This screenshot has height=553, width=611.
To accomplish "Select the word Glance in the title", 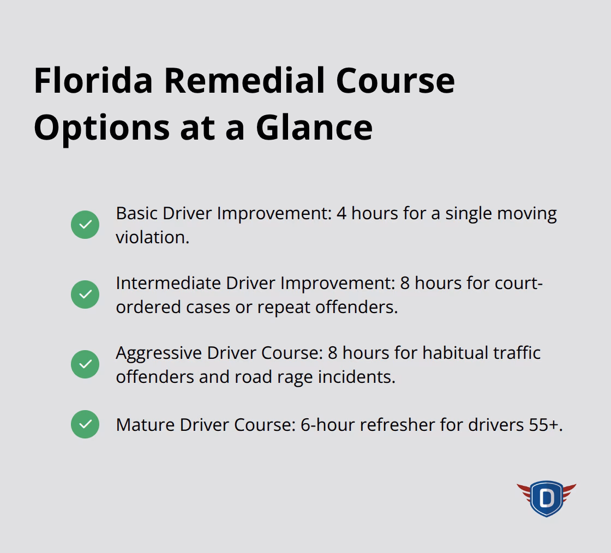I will pos(314,127).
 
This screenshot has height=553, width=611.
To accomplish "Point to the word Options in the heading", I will pos(101,127).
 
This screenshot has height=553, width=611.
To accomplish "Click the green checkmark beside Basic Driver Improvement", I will pos(85,225).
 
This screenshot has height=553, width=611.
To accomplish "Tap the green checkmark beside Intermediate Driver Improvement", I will pos(85,294).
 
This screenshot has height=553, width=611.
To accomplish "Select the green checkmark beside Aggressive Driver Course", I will pos(85,364).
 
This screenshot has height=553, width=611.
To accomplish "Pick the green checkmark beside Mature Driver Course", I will pos(85,424).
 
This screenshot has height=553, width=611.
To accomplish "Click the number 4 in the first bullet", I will pos(342,213).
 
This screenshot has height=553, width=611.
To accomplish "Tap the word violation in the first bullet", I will pos(152,237).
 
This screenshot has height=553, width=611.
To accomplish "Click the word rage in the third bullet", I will pos(296,377).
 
